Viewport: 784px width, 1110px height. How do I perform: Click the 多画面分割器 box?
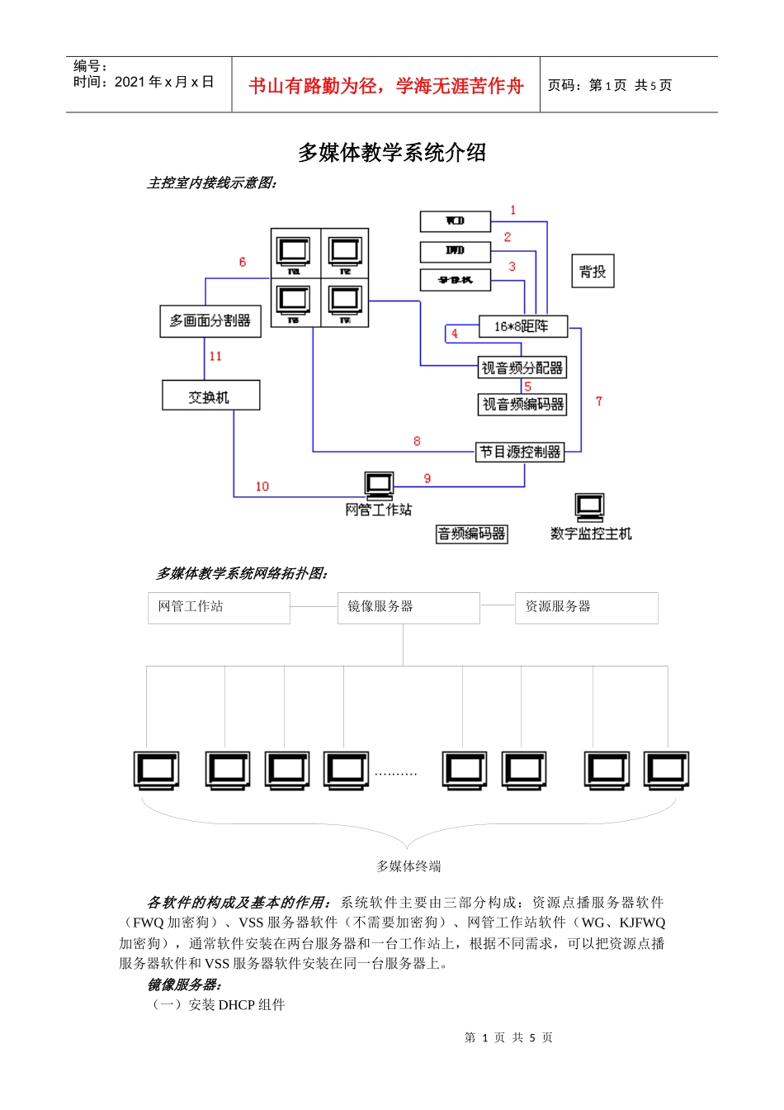pos(210,320)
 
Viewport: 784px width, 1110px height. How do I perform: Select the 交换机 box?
pos(211,396)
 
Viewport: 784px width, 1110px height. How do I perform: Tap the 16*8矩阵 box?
pos(523,326)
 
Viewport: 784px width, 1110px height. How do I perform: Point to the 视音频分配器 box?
pos(522,368)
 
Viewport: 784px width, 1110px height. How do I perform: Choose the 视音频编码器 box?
pos(523,404)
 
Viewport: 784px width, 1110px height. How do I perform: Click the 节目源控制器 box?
pos(521,452)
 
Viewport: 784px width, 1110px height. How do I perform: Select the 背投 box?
pos(593,271)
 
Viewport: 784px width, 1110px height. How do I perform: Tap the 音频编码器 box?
pos(471,534)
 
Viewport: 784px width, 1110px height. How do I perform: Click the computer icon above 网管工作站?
pos(380,485)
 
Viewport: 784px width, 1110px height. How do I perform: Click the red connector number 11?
pos(215,356)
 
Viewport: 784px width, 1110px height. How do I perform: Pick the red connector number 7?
pos(599,401)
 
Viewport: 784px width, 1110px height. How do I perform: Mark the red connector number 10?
pos(262,486)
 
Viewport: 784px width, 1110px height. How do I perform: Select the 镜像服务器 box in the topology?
pos(409,607)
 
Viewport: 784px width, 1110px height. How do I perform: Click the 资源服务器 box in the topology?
pos(586,607)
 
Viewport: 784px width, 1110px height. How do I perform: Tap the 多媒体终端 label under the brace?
pos(409,866)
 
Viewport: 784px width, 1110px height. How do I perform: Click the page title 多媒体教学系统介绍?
pos(392,153)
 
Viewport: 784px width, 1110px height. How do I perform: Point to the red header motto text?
pos(386,86)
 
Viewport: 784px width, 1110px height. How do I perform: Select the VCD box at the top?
pos(456,221)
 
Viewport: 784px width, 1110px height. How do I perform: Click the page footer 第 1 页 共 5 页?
pos(508,1037)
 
